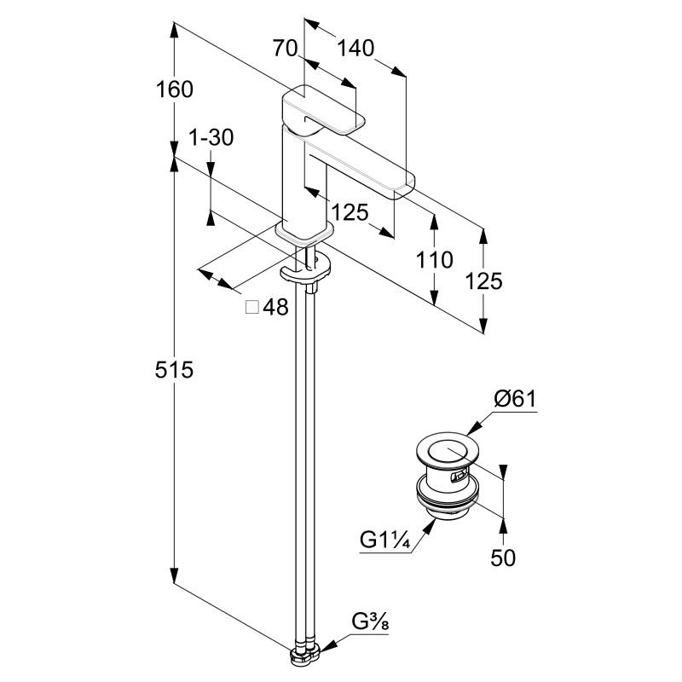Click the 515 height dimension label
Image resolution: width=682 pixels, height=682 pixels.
click(175, 370)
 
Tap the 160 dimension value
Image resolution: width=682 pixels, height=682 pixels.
click(175, 89)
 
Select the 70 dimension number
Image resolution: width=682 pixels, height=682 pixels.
click(285, 49)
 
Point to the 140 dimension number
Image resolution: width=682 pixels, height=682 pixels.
click(355, 49)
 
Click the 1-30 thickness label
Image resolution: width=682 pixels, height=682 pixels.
click(211, 138)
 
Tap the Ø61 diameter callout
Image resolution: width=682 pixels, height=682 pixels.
click(514, 398)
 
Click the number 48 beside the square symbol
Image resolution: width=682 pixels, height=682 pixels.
click(275, 308)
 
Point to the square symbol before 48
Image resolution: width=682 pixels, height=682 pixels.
click(252, 308)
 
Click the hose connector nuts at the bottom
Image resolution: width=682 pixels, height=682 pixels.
click(303, 655)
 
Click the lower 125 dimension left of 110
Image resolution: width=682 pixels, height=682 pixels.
click(350, 212)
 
